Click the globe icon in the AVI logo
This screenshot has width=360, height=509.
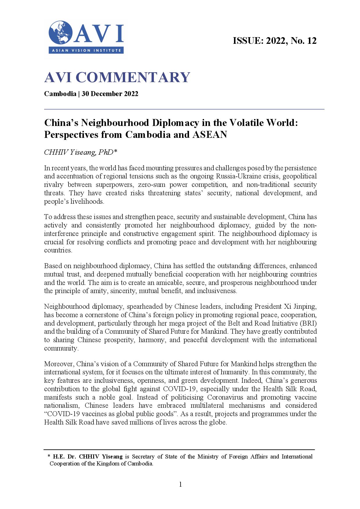pyautogui.click(x=60, y=33)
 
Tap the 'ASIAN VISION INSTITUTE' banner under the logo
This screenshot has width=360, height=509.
pyautogui.click(x=86, y=50)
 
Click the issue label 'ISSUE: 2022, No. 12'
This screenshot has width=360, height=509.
pyautogui.click(x=274, y=41)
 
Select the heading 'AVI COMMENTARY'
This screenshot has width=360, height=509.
pyautogui.click(x=117, y=77)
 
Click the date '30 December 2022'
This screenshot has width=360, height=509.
pyautogui.click(x=110, y=94)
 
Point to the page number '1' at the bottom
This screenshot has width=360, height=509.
pyautogui.click(x=180, y=484)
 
